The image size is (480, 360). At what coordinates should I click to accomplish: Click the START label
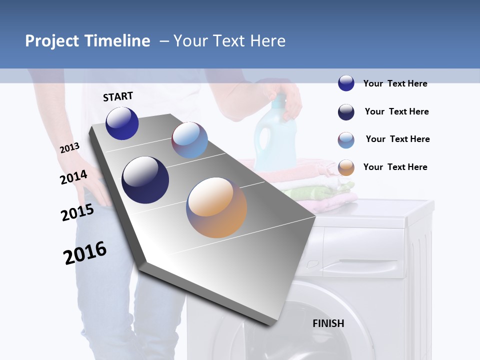pyautogui.click(x=118, y=96)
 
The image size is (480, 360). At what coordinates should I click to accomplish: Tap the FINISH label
pyautogui.click(x=328, y=323)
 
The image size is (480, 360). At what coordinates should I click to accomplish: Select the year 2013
pyautogui.click(x=70, y=148)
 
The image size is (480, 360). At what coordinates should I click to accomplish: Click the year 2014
pyautogui.click(x=74, y=177)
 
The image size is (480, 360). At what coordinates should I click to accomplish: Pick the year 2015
pyautogui.click(x=77, y=212)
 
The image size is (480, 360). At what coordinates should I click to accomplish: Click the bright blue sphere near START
pyautogui.click(x=122, y=123)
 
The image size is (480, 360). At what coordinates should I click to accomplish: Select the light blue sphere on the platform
pyautogui.click(x=189, y=140)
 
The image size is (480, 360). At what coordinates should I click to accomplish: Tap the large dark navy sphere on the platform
pyautogui.click(x=145, y=180)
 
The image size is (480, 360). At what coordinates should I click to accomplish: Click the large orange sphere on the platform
pyautogui.click(x=216, y=207)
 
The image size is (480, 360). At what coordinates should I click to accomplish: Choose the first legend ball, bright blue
pyautogui.click(x=346, y=83)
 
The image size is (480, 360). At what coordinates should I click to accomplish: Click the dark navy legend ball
pyautogui.click(x=346, y=112)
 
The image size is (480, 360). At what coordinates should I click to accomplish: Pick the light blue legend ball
pyautogui.click(x=346, y=140)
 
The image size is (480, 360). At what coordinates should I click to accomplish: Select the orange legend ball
pyautogui.click(x=346, y=167)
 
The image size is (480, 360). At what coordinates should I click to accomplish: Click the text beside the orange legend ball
pyautogui.click(x=395, y=167)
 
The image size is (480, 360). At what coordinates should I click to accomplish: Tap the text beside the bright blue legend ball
pyautogui.click(x=395, y=83)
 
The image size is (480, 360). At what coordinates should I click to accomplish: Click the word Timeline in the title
pyautogui.click(x=117, y=41)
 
